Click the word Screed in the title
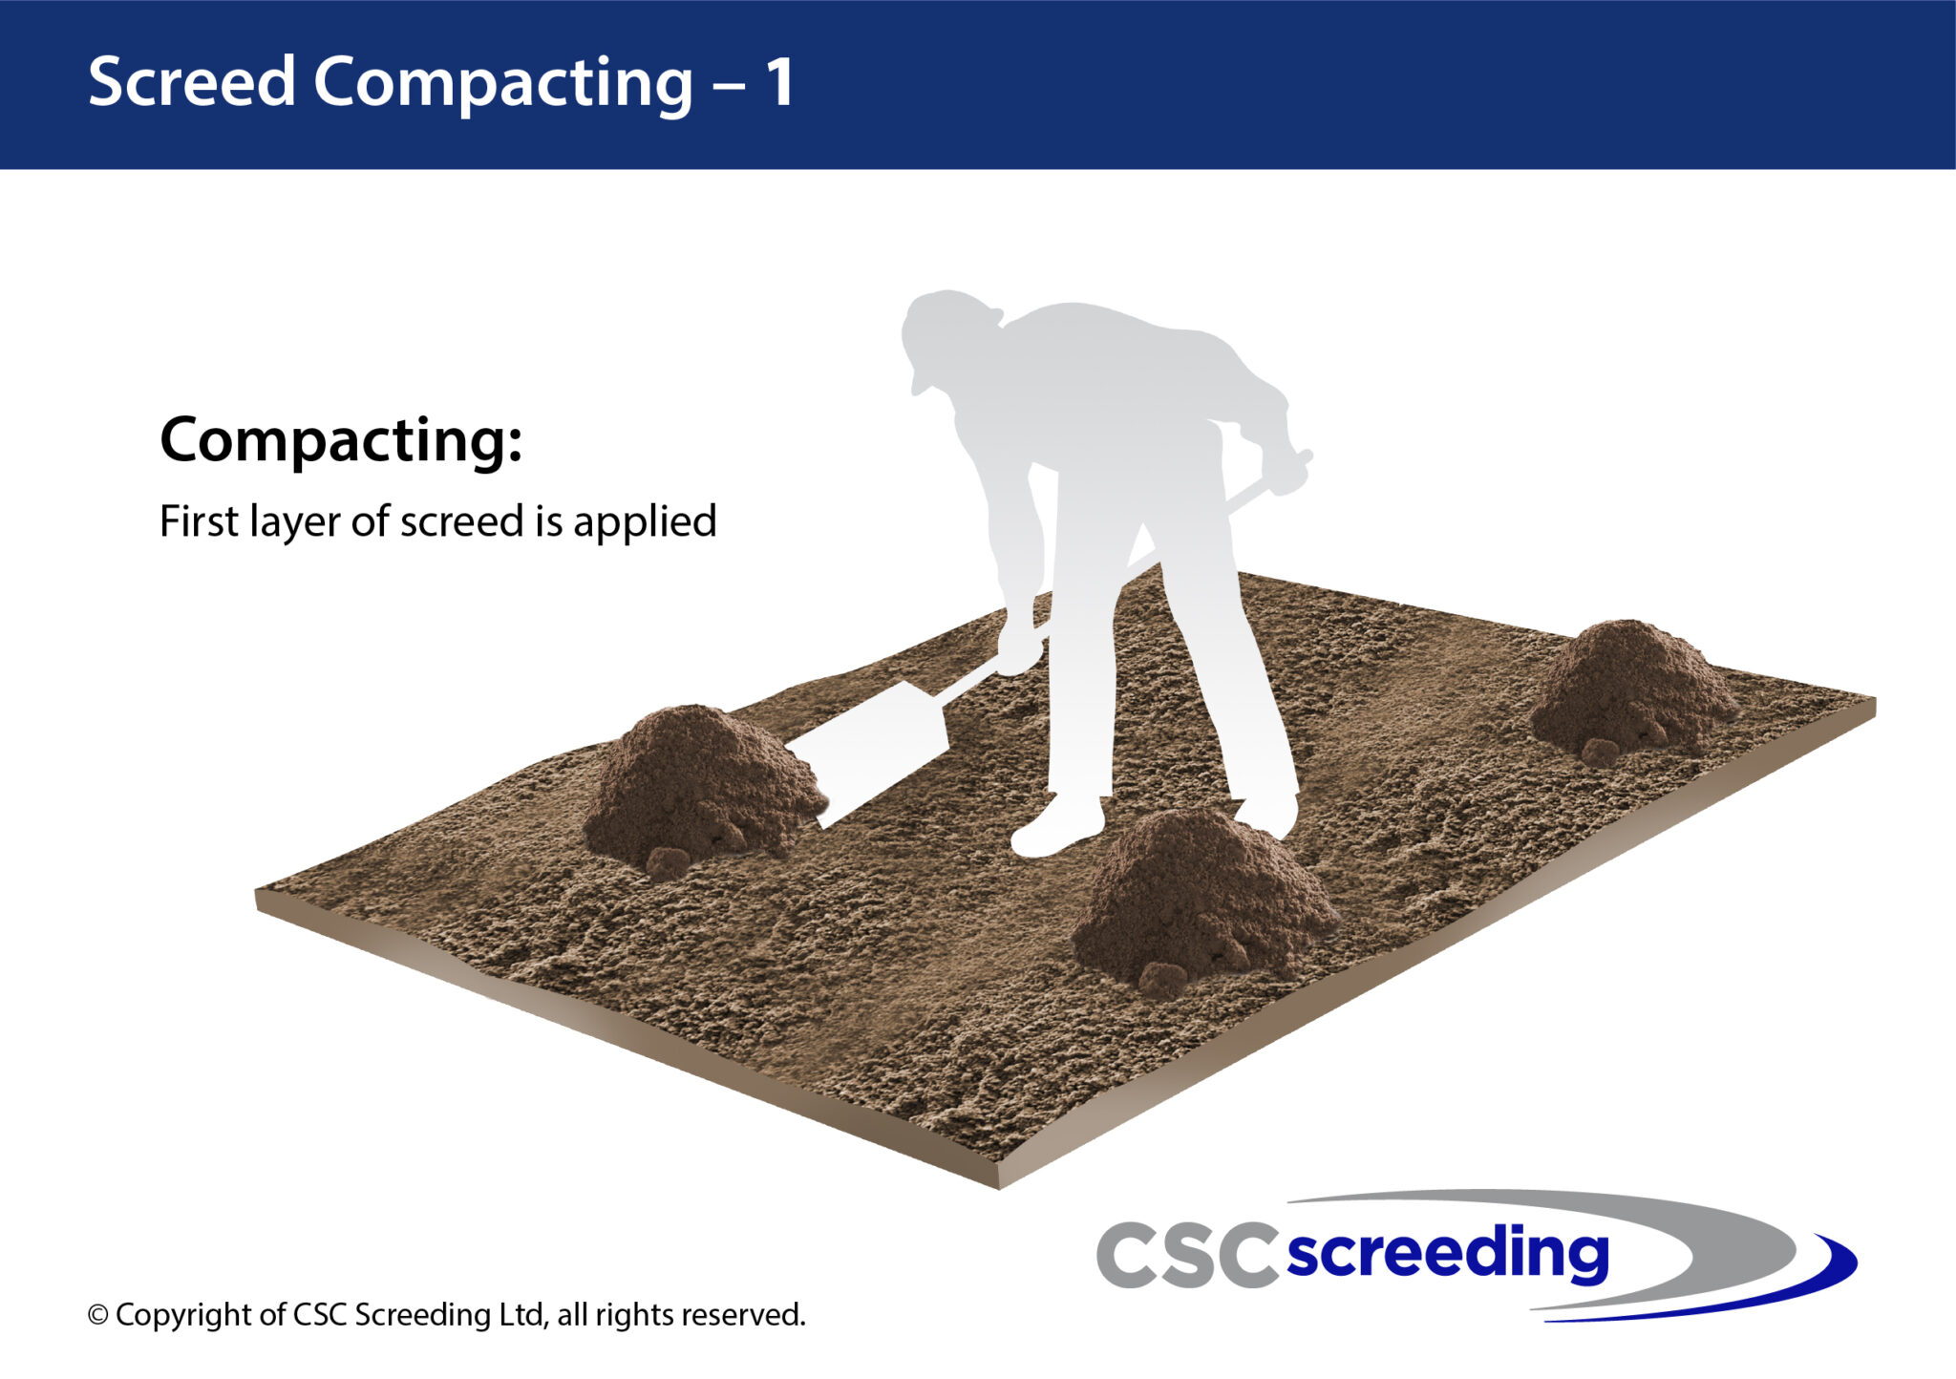click(x=191, y=82)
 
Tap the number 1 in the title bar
click(x=779, y=82)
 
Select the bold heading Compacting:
click(x=341, y=440)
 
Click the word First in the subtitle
click(x=199, y=521)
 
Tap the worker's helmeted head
click(x=946, y=334)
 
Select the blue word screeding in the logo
click(x=1447, y=1253)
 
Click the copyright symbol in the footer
click(x=97, y=1316)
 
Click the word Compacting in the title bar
click(x=502, y=84)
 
